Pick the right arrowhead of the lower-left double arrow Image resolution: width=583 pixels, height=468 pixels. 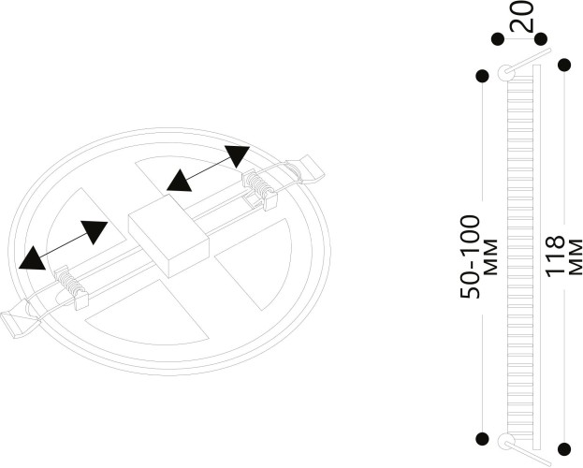tap(95, 231)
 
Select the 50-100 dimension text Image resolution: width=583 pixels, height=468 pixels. tap(471, 256)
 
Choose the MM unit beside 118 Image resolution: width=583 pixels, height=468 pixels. tap(574, 255)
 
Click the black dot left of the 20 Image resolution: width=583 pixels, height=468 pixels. tap(498, 39)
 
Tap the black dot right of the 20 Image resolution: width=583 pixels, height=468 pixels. tap(542, 39)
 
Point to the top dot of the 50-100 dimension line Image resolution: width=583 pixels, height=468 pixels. tap(482, 76)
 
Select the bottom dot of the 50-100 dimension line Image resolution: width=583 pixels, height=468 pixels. tap(482, 438)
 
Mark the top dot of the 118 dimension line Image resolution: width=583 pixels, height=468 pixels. tap(564, 65)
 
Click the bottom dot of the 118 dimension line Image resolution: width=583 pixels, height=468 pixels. tap(564, 449)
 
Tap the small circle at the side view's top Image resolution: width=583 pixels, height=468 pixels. tap(506, 71)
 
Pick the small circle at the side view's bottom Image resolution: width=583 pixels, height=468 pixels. tap(506, 442)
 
